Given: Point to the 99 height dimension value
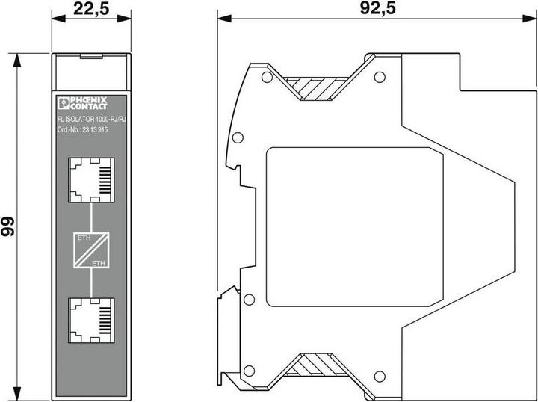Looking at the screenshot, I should pyautogui.click(x=9, y=227).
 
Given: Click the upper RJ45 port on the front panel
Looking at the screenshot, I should pyautogui.click(x=90, y=180).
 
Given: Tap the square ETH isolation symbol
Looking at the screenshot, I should pyautogui.click(x=90, y=250).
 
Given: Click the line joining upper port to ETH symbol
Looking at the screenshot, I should pyautogui.click(x=90, y=217).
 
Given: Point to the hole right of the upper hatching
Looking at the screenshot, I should pyautogui.click(x=379, y=76).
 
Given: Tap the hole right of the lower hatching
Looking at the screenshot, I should pyautogui.click(x=379, y=374).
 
